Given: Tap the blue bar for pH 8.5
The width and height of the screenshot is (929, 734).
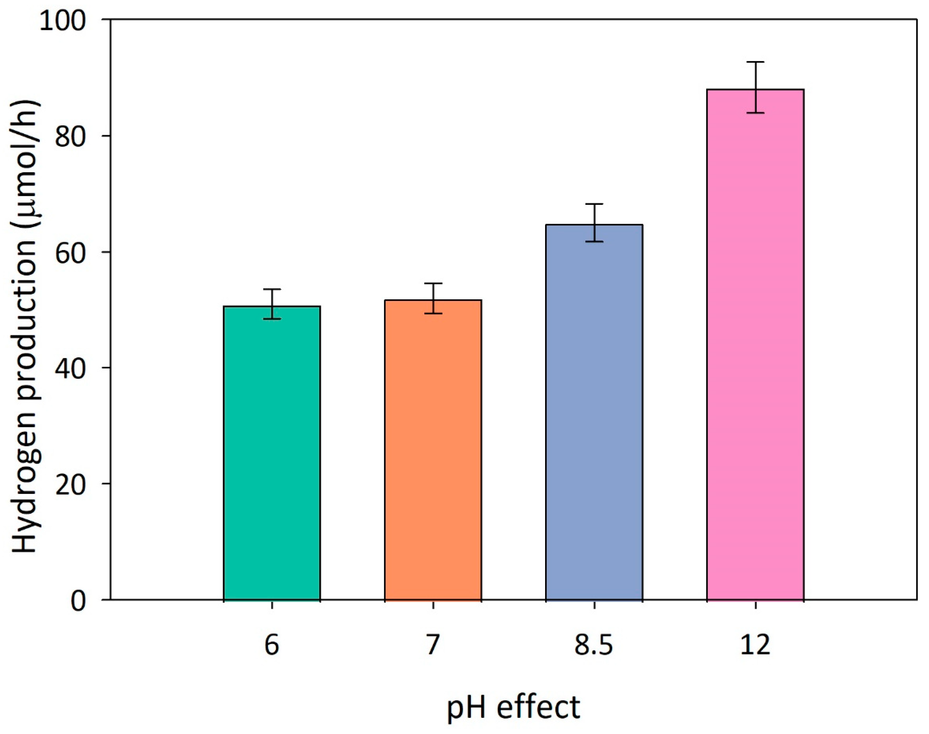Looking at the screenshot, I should click(594, 412).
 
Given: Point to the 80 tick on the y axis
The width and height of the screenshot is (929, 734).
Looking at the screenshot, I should click(71, 136).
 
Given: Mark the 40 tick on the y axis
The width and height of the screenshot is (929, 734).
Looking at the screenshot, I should click(71, 368).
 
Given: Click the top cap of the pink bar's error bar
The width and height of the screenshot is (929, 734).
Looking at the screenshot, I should click(755, 62).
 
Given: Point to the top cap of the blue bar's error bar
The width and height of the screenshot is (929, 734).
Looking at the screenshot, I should click(594, 204).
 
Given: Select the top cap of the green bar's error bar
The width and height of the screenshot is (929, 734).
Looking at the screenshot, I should click(272, 289).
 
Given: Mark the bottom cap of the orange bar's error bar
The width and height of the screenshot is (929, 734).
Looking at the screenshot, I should click(433, 314).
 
